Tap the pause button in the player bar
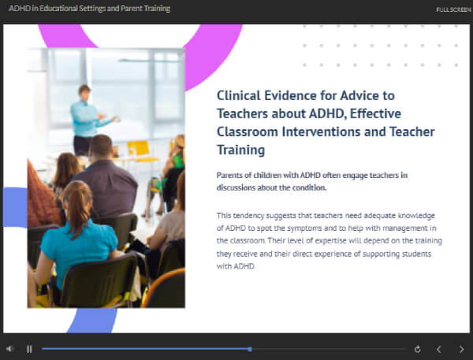click(29, 349)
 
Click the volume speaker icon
click(9, 349)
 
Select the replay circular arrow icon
click(417, 349)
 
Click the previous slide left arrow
click(439, 349)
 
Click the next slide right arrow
click(461, 349)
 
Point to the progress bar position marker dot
click(250, 348)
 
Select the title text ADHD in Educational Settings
click(89, 9)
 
